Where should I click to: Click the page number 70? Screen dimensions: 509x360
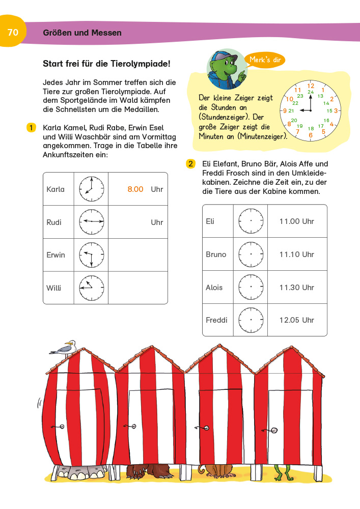tap(13, 33)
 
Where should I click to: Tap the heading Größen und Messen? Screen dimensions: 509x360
tap(82, 33)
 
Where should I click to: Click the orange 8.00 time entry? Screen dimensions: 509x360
tap(135, 189)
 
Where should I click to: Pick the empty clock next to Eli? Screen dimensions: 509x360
tap(251, 221)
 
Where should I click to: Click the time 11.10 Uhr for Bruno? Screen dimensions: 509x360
tap(297, 254)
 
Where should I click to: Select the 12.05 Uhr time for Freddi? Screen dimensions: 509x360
tap(297, 320)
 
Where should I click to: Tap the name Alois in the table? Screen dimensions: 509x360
tap(214, 287)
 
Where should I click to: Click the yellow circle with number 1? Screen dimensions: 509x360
tap(31, 127)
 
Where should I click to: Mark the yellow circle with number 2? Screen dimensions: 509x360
tap(190, 164)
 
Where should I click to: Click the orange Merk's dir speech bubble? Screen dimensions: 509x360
tap(264, 60)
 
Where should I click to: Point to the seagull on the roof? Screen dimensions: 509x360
tap(65, 348)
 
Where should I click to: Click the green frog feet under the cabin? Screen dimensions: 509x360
tap(282, 471)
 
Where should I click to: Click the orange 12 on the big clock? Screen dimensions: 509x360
tap(310, 85)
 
